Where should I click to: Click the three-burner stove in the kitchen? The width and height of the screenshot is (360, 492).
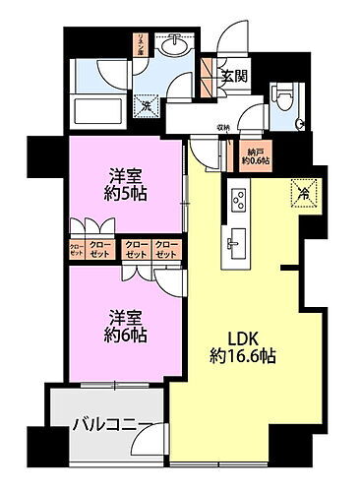tap(239, 200)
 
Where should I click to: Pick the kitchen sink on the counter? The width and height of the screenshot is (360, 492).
tap(236, 243)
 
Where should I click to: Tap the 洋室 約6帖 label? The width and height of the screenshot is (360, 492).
tap(127, 326)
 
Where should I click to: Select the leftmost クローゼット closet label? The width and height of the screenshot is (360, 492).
tap(77, 251)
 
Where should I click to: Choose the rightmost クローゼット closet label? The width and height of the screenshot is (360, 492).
tap(167, 251)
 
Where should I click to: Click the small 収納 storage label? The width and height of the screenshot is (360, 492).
tap(223, 127)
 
